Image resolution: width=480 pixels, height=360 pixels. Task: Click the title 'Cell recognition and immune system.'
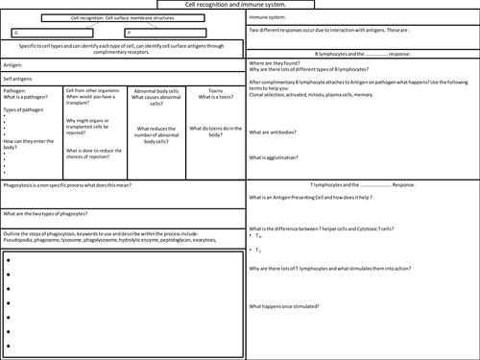240,6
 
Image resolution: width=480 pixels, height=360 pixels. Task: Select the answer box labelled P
169,32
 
